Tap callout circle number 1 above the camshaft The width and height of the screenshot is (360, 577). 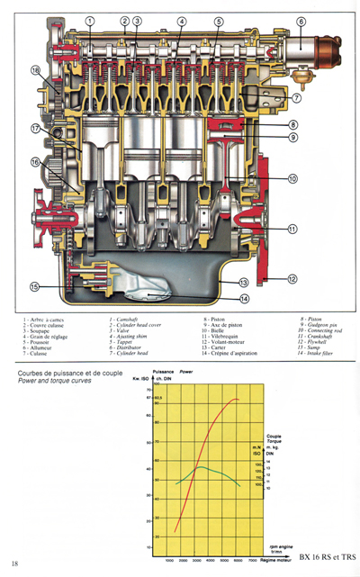(90, 20)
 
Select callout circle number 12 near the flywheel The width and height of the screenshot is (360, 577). (292, 281)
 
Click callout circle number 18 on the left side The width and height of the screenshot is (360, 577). (35, 70)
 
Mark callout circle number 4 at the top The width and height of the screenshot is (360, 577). (182, 20)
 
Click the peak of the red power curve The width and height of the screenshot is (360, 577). (236, 399)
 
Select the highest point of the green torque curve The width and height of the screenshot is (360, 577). (200, 467)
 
